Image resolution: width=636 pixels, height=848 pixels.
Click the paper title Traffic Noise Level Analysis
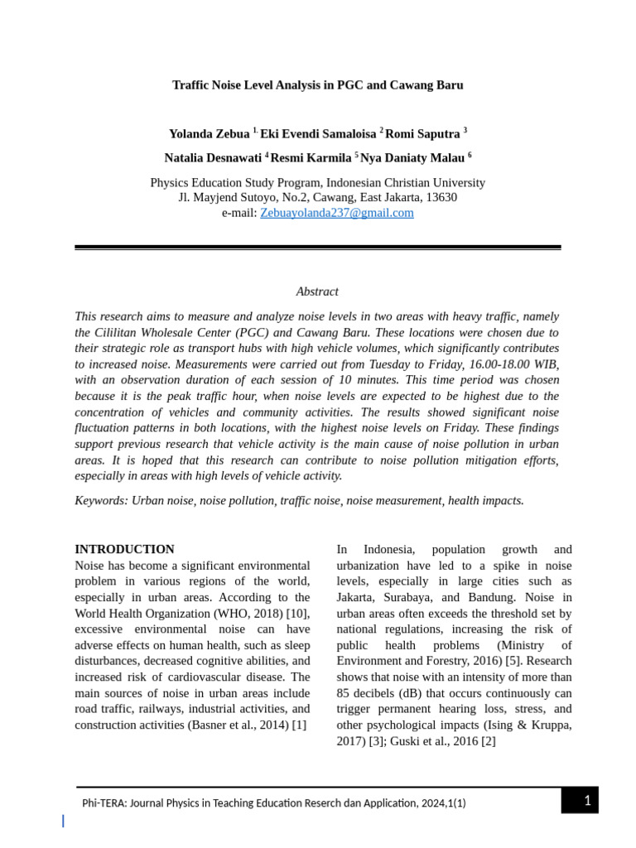pyautogui.click(x=317, y=85)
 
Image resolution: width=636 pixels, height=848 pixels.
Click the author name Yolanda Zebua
pyautogui.click(x=210, y=134)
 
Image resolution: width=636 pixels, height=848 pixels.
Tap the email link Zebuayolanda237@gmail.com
pyautogui.click(x=336, y=213)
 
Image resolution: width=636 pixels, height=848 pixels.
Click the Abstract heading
pyautogui.click(x=317, y=291)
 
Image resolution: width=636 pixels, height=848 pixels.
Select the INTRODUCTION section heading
pyautogui.click(x=124, y=549)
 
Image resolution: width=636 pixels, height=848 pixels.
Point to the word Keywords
pyautogui.click(x=100, y=500)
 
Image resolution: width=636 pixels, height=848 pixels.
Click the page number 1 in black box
pyautogui.click(x=587, y=800)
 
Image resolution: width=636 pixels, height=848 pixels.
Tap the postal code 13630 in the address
pyautogui.click(x=441, y=197)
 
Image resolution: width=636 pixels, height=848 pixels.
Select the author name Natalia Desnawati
pyautogui.click(x=214, y=157)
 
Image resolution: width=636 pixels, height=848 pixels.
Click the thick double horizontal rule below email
pyautogui.click(x=317, y=247)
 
